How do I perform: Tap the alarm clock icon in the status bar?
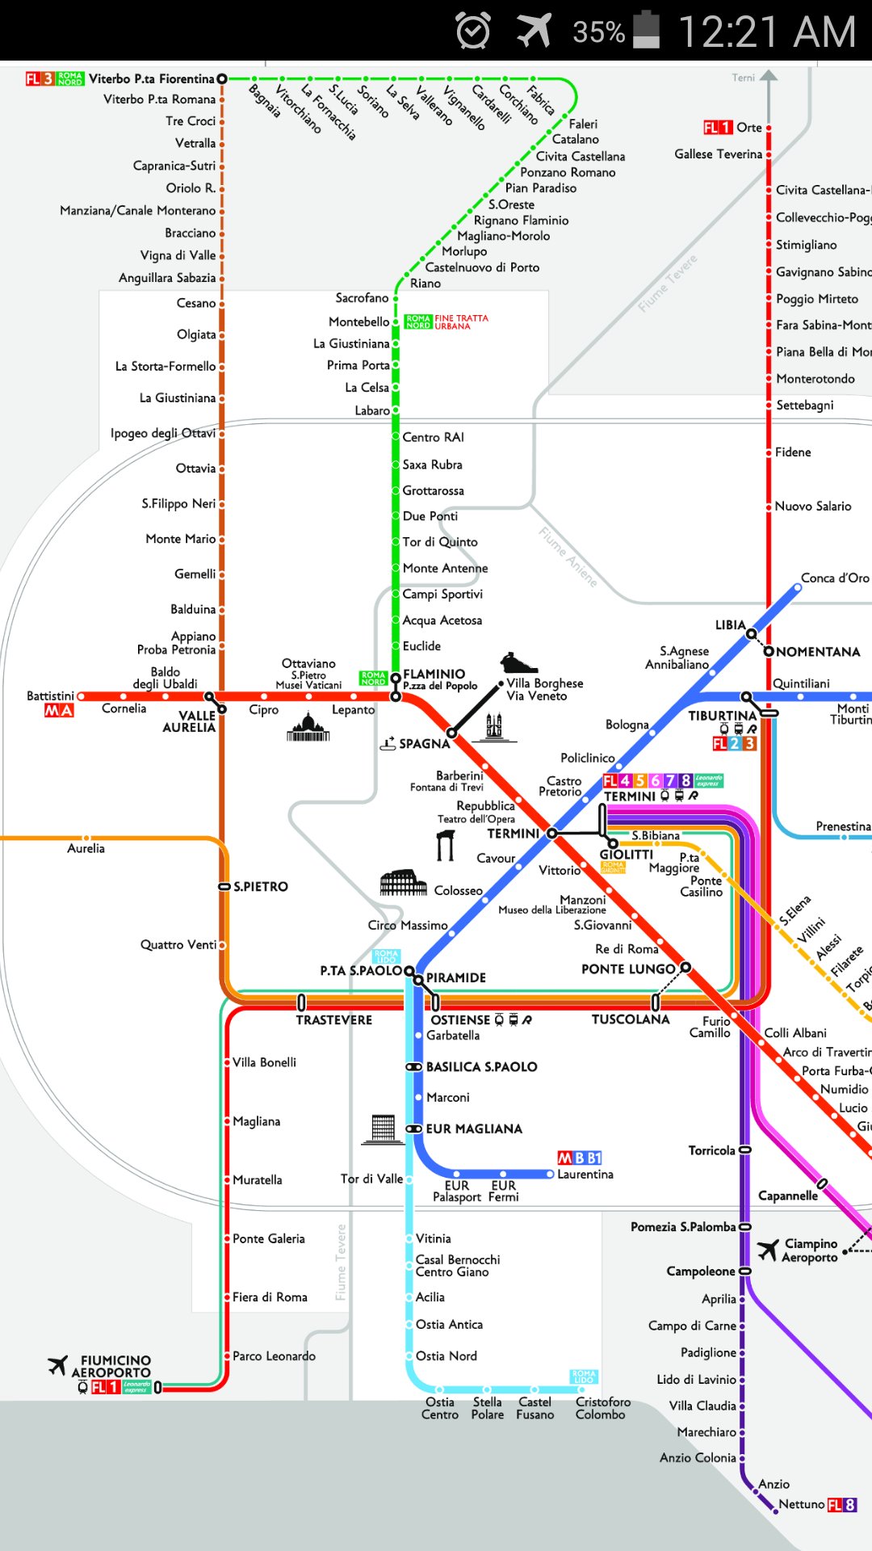tap(473, 32)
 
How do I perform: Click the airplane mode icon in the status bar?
tap(534, 31)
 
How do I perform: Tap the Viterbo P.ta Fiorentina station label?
tap(151, 78)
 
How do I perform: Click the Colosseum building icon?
tap(403, 883)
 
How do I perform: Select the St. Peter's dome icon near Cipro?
tap(308, 726)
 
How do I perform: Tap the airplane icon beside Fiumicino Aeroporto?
tap(57, 1365)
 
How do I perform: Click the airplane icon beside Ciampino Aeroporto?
tap(768, 1250)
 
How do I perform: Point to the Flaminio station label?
tap(434, 674)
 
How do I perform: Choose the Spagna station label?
tap(424, 743)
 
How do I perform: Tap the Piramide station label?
tap(455, 977)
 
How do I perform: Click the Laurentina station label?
tap(585, 1174)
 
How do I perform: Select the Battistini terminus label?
tap(50, 696)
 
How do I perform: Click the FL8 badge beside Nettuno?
tap(841, 1504)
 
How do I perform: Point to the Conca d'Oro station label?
tap(835, 578)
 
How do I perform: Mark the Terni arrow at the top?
tap(768, 77)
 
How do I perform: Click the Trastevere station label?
tap(333, 1019)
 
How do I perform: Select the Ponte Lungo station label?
tap(627, 969)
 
